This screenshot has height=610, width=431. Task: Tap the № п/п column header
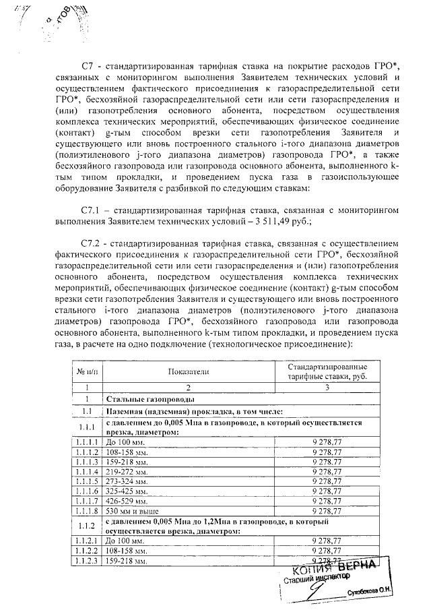pyautogui.click(x=85, y=371)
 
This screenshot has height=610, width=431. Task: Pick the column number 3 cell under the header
pyautogui.click(x=327, y=388)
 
